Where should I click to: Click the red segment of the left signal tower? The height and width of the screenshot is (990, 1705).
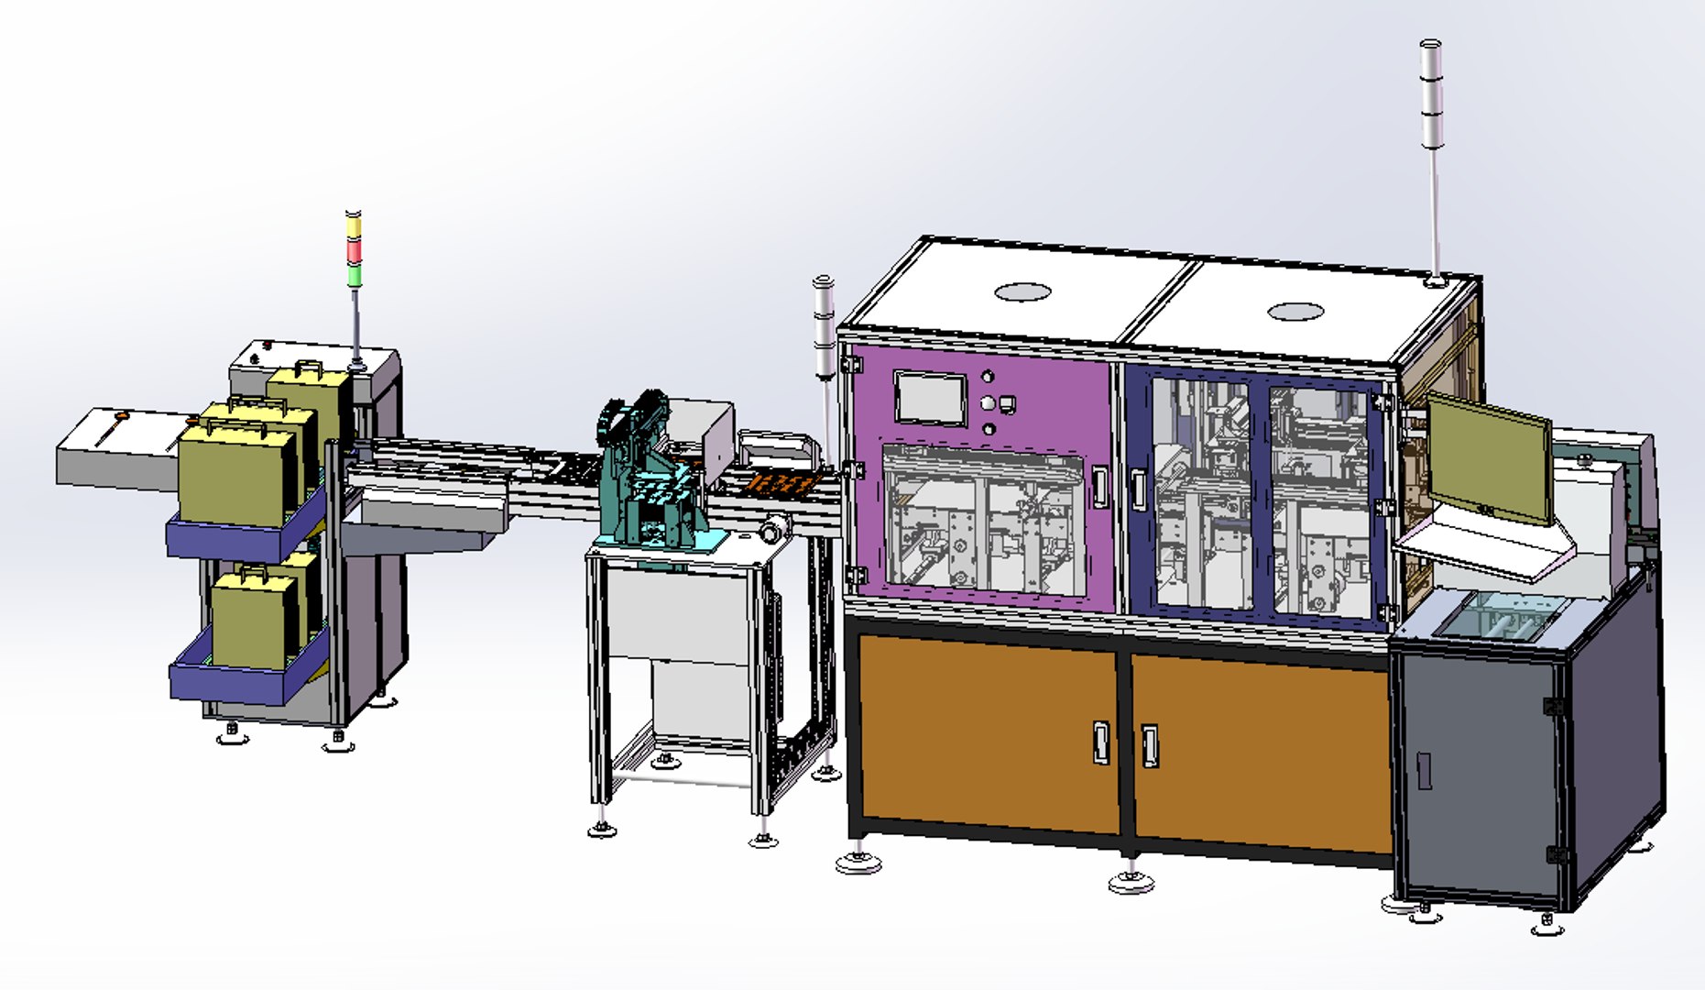coord(353,250)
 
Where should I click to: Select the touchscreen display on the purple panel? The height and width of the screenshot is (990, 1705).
coord(930,398)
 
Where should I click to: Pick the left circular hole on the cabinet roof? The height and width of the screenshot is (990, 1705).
coord(1022,291)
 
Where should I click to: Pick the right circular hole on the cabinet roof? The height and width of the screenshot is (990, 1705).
coord(1295,312)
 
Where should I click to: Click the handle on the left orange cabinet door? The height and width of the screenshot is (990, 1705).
coord(1102,742)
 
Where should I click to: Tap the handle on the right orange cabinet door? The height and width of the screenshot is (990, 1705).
coord(1149,745)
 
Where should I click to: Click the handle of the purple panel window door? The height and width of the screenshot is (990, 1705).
coord(1099,487)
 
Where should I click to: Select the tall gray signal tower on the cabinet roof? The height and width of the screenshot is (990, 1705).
coord(1431,101)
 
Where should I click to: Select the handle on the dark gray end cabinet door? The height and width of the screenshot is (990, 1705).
coord(1424,771)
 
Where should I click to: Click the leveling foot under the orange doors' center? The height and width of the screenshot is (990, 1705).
coord(1131,882)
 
